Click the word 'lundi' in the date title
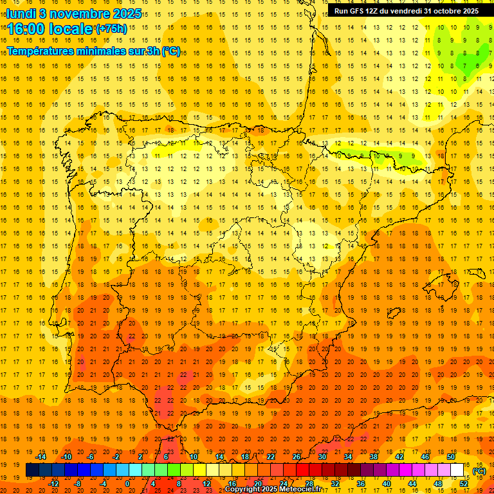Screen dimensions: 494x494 (22, 13)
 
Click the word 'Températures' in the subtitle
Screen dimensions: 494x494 (45, 51)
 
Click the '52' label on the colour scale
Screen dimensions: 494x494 (464, 484)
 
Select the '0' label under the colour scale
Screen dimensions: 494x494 (127, 484)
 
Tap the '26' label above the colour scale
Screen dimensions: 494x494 (297, 457)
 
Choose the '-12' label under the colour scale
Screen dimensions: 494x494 (53, 484)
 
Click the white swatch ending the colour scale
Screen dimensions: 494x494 (457, 470)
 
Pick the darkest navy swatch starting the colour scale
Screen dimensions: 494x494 (32, 470)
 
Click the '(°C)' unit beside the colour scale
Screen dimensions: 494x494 (479, 471)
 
